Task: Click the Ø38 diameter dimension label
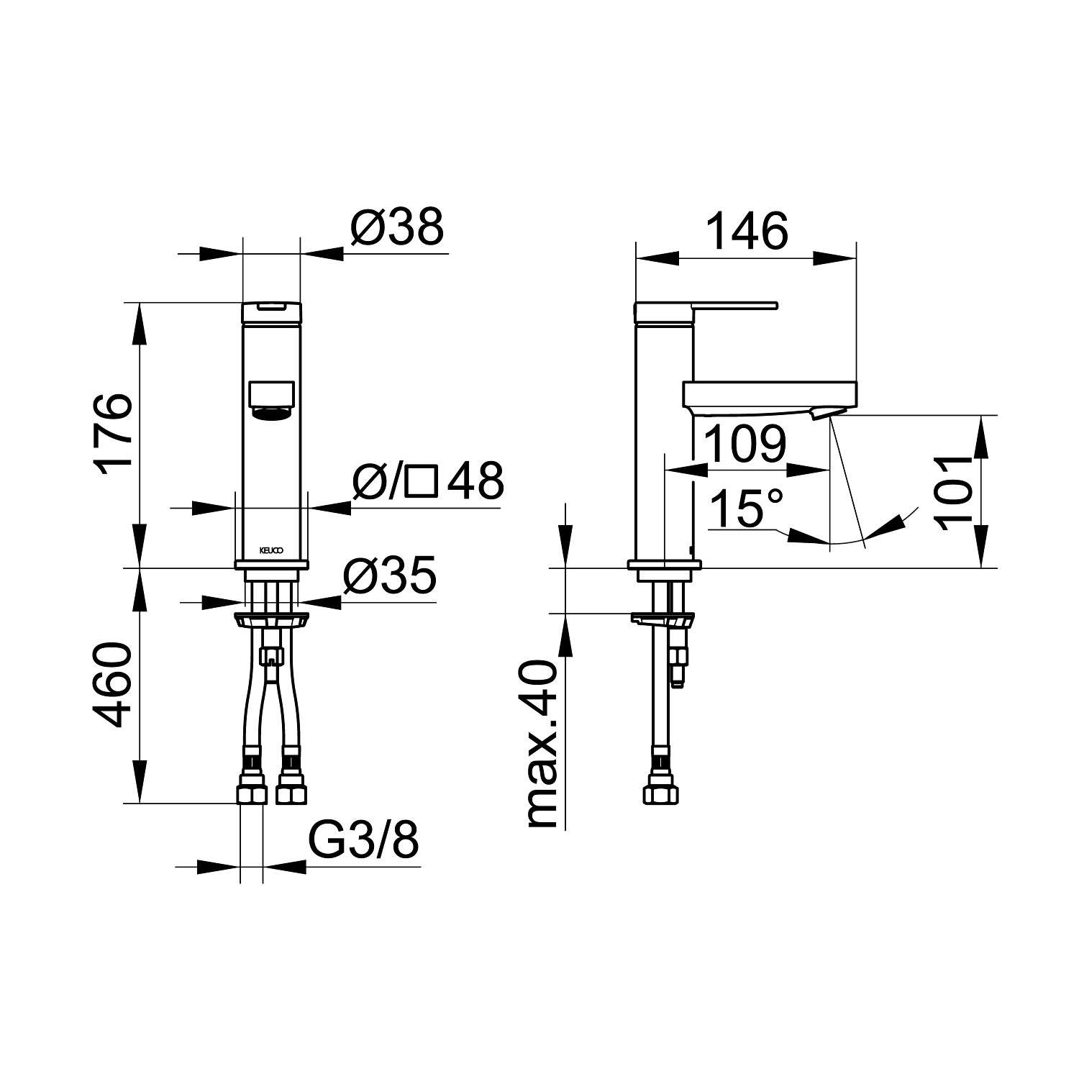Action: [x=397, y=228]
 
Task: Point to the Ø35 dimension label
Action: [x=389, y=575]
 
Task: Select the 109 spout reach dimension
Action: [x=745, y=445]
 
